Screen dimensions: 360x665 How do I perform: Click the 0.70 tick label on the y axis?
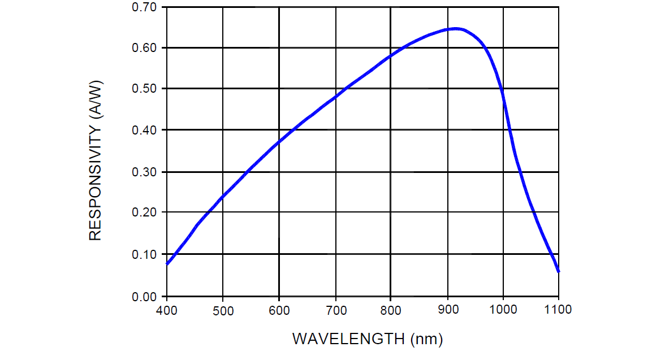coord(144,7)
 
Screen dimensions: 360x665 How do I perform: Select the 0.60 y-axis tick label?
coord(144,48)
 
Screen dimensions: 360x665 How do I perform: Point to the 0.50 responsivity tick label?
coord(144,89)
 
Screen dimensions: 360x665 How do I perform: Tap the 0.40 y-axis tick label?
coord(144,130)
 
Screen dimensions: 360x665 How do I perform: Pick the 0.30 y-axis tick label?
coord(144,172)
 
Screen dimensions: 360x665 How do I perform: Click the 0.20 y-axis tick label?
coord(144,212)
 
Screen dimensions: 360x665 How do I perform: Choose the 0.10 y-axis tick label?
coord(144,254)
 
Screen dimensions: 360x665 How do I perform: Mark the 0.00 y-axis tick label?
coord(144,296)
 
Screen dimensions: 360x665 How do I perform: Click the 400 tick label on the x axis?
coord(166,310)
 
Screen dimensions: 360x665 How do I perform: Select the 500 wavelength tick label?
coord(223,310)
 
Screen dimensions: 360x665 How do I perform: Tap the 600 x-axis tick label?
coord(279,310)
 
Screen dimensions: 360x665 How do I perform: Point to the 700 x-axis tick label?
coord(335,310)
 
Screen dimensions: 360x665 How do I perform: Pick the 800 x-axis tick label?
coord(391,310)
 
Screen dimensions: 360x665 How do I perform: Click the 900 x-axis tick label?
coord(447,310)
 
